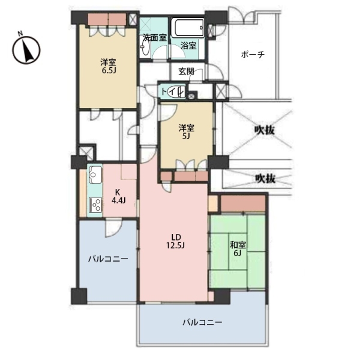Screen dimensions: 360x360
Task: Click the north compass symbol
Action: pos(26,50)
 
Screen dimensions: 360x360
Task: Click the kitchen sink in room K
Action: pos(95,175)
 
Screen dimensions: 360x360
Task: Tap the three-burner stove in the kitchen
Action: pos(95,205)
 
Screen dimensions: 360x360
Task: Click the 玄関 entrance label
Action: pos(187,71)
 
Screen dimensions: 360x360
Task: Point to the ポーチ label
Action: pos(253,55)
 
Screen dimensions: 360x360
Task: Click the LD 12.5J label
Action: pos(176,241)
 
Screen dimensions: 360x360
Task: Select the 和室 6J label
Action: pos(238,249)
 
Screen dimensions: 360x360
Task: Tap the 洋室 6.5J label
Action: pos(108,66)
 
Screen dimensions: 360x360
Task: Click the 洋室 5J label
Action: pos(187,132)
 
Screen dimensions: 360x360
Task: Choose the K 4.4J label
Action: pos(118,196)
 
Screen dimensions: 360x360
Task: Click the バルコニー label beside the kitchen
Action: pos(108,259)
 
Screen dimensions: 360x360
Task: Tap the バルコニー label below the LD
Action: pos(202,323)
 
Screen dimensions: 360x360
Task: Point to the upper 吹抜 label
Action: pos(265,130)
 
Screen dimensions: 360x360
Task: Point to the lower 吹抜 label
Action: pos(266,179)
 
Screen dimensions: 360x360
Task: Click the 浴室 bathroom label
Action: pos(189,46)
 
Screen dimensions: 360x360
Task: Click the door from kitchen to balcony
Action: pos(114,226)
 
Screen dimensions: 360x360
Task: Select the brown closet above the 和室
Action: pos(243,203)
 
